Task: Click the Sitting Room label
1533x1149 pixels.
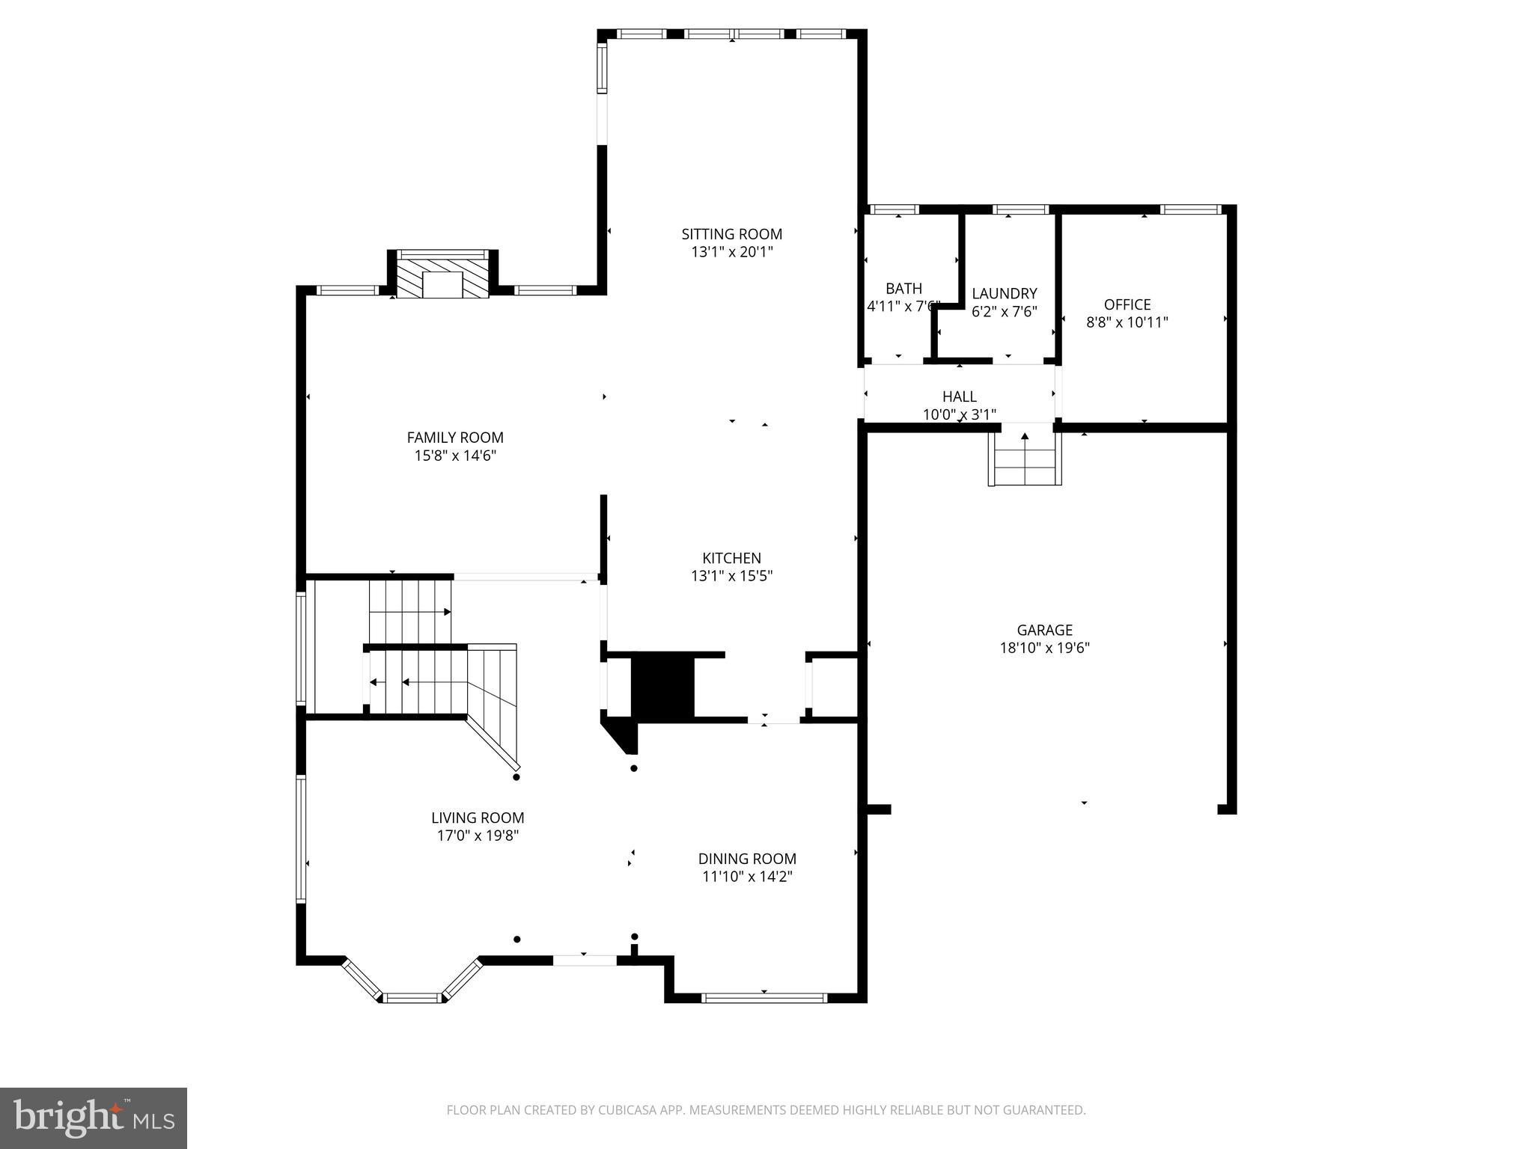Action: (x=731, y=234)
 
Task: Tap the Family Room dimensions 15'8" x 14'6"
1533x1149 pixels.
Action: (x=455, y=456)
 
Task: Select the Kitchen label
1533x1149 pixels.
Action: (x=731, y=558)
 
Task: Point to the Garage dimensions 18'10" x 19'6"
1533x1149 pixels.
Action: (x=1044, y=649)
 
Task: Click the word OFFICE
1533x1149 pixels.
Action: (x=1127, y=304)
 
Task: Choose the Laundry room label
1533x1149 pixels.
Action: (x=1004, y=294)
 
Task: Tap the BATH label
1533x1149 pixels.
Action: (x=903, y=289)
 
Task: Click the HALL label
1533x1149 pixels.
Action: (x=959, y=396)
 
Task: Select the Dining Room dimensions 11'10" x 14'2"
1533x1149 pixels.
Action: (x=747, y=877)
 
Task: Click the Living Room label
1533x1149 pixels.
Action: (x=478, y=818)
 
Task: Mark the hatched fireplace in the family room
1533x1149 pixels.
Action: (x=442, y=278)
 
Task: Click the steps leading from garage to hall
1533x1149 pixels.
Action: (x=1024, y=459)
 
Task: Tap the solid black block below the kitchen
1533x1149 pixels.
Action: (x=662, y=687)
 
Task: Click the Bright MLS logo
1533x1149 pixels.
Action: (x=94, y=1118)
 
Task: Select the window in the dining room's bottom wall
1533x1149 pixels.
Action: (x=764, y=997)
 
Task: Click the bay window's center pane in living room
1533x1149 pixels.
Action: (x=412, y=997)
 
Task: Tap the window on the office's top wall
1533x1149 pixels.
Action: (x=1190, y=209)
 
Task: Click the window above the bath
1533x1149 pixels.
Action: (x=895, y=209)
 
